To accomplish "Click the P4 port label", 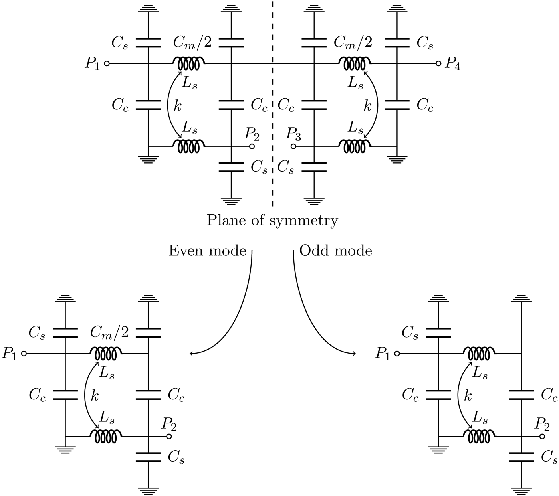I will click(x=452, y=64).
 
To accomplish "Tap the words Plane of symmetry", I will click(x=272, y=220).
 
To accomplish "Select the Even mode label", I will click(x=207, y=251).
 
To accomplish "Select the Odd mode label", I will click(x=335, y=251).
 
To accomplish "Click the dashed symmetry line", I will click(x=273, y=120).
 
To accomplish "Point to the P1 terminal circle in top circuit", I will click(x=107, y=63).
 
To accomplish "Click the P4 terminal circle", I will click(x=438, y=63).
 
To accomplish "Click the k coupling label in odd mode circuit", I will click(x=468, y=396).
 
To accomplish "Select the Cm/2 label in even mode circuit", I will click(x=109, y=332).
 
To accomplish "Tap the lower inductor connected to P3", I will click(x=355, y=146).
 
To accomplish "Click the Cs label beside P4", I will click(x=425, y=43).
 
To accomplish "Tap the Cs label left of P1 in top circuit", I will click(x=120, y=43).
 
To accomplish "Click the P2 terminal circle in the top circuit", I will click(x=252, y=146).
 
